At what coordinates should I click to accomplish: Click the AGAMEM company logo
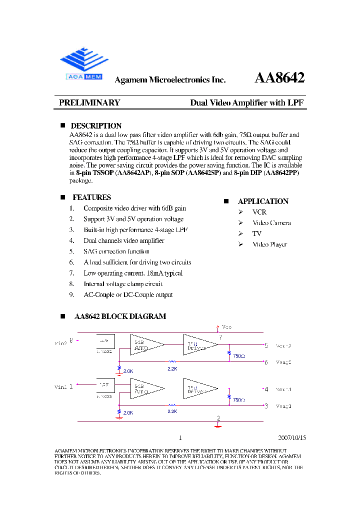point(84,63)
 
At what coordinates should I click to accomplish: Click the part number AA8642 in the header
point(279,78)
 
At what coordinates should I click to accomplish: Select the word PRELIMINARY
point(89,103)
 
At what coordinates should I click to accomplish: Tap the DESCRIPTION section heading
point(96,126)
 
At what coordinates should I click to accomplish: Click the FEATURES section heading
point(91,197)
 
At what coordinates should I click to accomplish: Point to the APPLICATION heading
point(263,201)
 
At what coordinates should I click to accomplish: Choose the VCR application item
point(259,212)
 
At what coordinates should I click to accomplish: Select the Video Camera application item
point(271,223)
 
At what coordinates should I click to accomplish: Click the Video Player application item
point(269,244)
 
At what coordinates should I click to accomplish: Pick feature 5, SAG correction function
point(116,251)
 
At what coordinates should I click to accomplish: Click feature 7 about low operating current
point(133,273)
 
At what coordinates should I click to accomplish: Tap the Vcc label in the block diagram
point(226,327)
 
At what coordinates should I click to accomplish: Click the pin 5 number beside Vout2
point(266,345)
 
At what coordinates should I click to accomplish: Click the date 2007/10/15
point(292,437)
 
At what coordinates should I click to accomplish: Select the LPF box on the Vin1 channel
point(105,385)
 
